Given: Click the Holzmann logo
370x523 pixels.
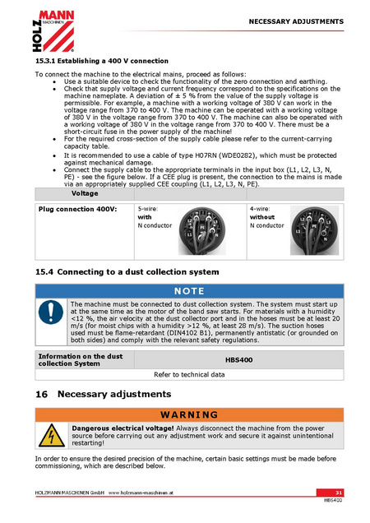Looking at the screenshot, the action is tap(53, 31).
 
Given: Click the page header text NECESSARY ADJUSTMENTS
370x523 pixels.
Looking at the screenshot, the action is tap(296, 21).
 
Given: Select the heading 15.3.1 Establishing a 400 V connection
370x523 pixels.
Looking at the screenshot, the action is tap(102, 61).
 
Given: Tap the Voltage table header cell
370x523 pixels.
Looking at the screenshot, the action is tap(85, 193).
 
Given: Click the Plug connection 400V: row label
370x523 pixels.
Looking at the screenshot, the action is tap(78, 209).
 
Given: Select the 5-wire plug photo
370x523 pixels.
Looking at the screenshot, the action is tap(202, 230).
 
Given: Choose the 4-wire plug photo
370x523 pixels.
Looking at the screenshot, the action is tap(314, 230).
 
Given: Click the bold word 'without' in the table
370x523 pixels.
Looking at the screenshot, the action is tap(262, 217).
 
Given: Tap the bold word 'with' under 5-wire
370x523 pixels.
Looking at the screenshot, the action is tap(145, 217).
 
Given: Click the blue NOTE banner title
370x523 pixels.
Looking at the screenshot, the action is tap(189, 291).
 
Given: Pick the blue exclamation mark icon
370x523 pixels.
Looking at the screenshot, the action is tap(51, 312).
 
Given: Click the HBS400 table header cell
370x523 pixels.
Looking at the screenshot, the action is tap(239, 360).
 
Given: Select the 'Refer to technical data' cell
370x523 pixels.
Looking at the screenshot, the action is tap(189, 375).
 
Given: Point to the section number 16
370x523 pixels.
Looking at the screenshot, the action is tap(41, 394).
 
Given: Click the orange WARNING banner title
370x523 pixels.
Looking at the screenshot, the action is tap(189, 415).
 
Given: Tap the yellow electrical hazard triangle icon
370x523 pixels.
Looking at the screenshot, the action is tap(52, 436).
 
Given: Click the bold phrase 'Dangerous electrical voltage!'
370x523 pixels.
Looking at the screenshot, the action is tap(123, 428).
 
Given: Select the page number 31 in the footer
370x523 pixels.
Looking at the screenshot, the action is tap(339, 493).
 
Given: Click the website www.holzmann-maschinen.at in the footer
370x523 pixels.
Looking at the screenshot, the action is tap(141, 493).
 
